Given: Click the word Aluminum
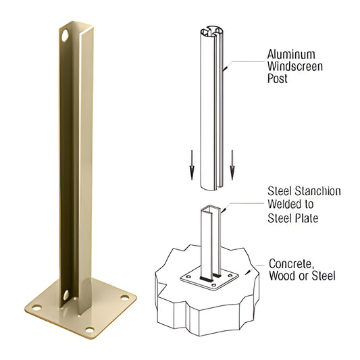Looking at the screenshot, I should coord(291,54).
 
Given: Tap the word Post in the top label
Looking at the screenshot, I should coord(278,80).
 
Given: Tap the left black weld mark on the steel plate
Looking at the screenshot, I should coord(202,277).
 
